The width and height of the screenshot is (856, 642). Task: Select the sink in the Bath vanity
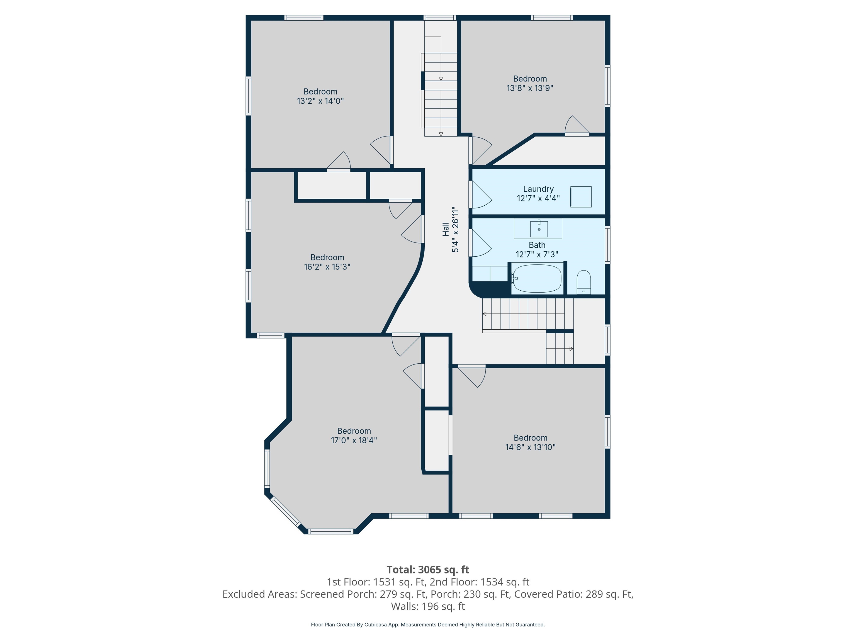coord(539,229)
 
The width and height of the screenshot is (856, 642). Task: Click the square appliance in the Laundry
coord(581,197)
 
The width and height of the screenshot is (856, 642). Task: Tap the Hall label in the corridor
coord(445,229)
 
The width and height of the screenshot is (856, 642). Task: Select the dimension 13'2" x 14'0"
coord(320,101)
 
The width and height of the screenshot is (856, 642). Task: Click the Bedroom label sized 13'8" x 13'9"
coord(530,79)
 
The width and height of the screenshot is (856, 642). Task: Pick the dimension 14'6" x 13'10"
coord(530,447)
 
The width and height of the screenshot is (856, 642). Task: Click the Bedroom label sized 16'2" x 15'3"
coord(327,257)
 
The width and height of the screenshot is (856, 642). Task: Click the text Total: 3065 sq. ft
coord(428,570)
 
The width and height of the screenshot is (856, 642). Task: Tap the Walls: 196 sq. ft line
coord(428,606)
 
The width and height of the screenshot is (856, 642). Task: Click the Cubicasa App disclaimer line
coord(428,625)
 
